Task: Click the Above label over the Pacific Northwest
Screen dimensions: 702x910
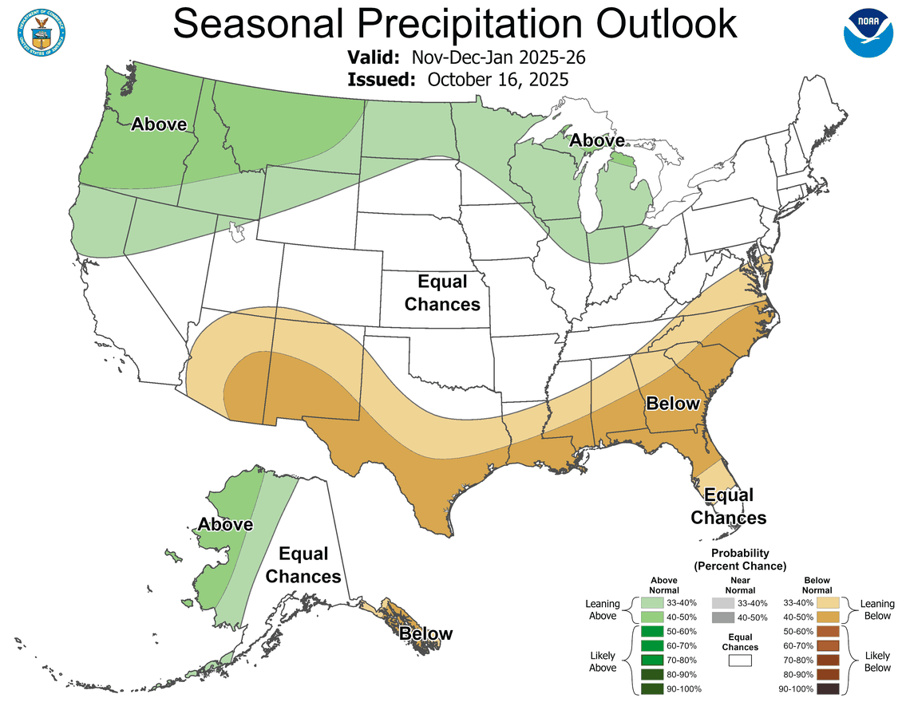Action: (159, 124)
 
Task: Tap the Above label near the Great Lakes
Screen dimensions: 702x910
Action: (596, 141)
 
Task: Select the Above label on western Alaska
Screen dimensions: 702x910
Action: (226, 525)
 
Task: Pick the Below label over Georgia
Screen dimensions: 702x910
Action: (672, 404)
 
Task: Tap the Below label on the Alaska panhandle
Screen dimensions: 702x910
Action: (425, 634)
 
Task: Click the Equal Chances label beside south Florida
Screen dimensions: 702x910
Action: (728, 507)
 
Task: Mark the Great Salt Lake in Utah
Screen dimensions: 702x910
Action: (235, 231)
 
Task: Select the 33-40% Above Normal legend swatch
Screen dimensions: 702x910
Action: (652, 603)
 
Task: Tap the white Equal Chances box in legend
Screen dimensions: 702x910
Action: (740, 661)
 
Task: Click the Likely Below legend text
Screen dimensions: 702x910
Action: (878, 661)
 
